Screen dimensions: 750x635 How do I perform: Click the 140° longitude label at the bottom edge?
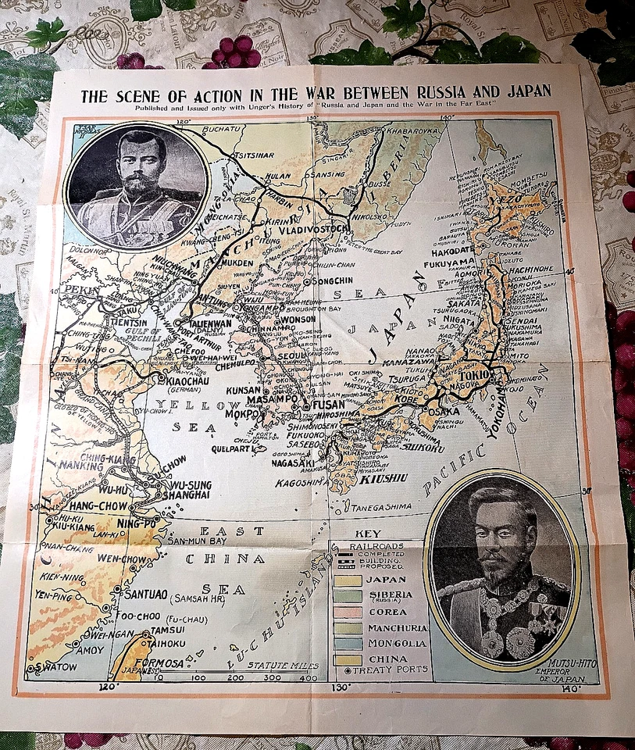pos(573,688)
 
